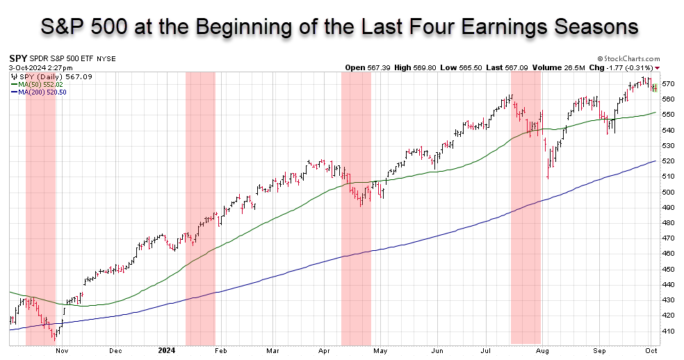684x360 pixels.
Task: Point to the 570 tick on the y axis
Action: coord(667,83)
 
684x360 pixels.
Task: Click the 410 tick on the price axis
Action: coord(667,332)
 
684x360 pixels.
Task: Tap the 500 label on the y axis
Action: coord(667,192)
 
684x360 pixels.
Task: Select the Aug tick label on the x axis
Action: coord(542,351)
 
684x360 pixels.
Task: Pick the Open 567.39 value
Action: coord(363,67)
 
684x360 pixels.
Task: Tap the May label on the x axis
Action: coord(381,351)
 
